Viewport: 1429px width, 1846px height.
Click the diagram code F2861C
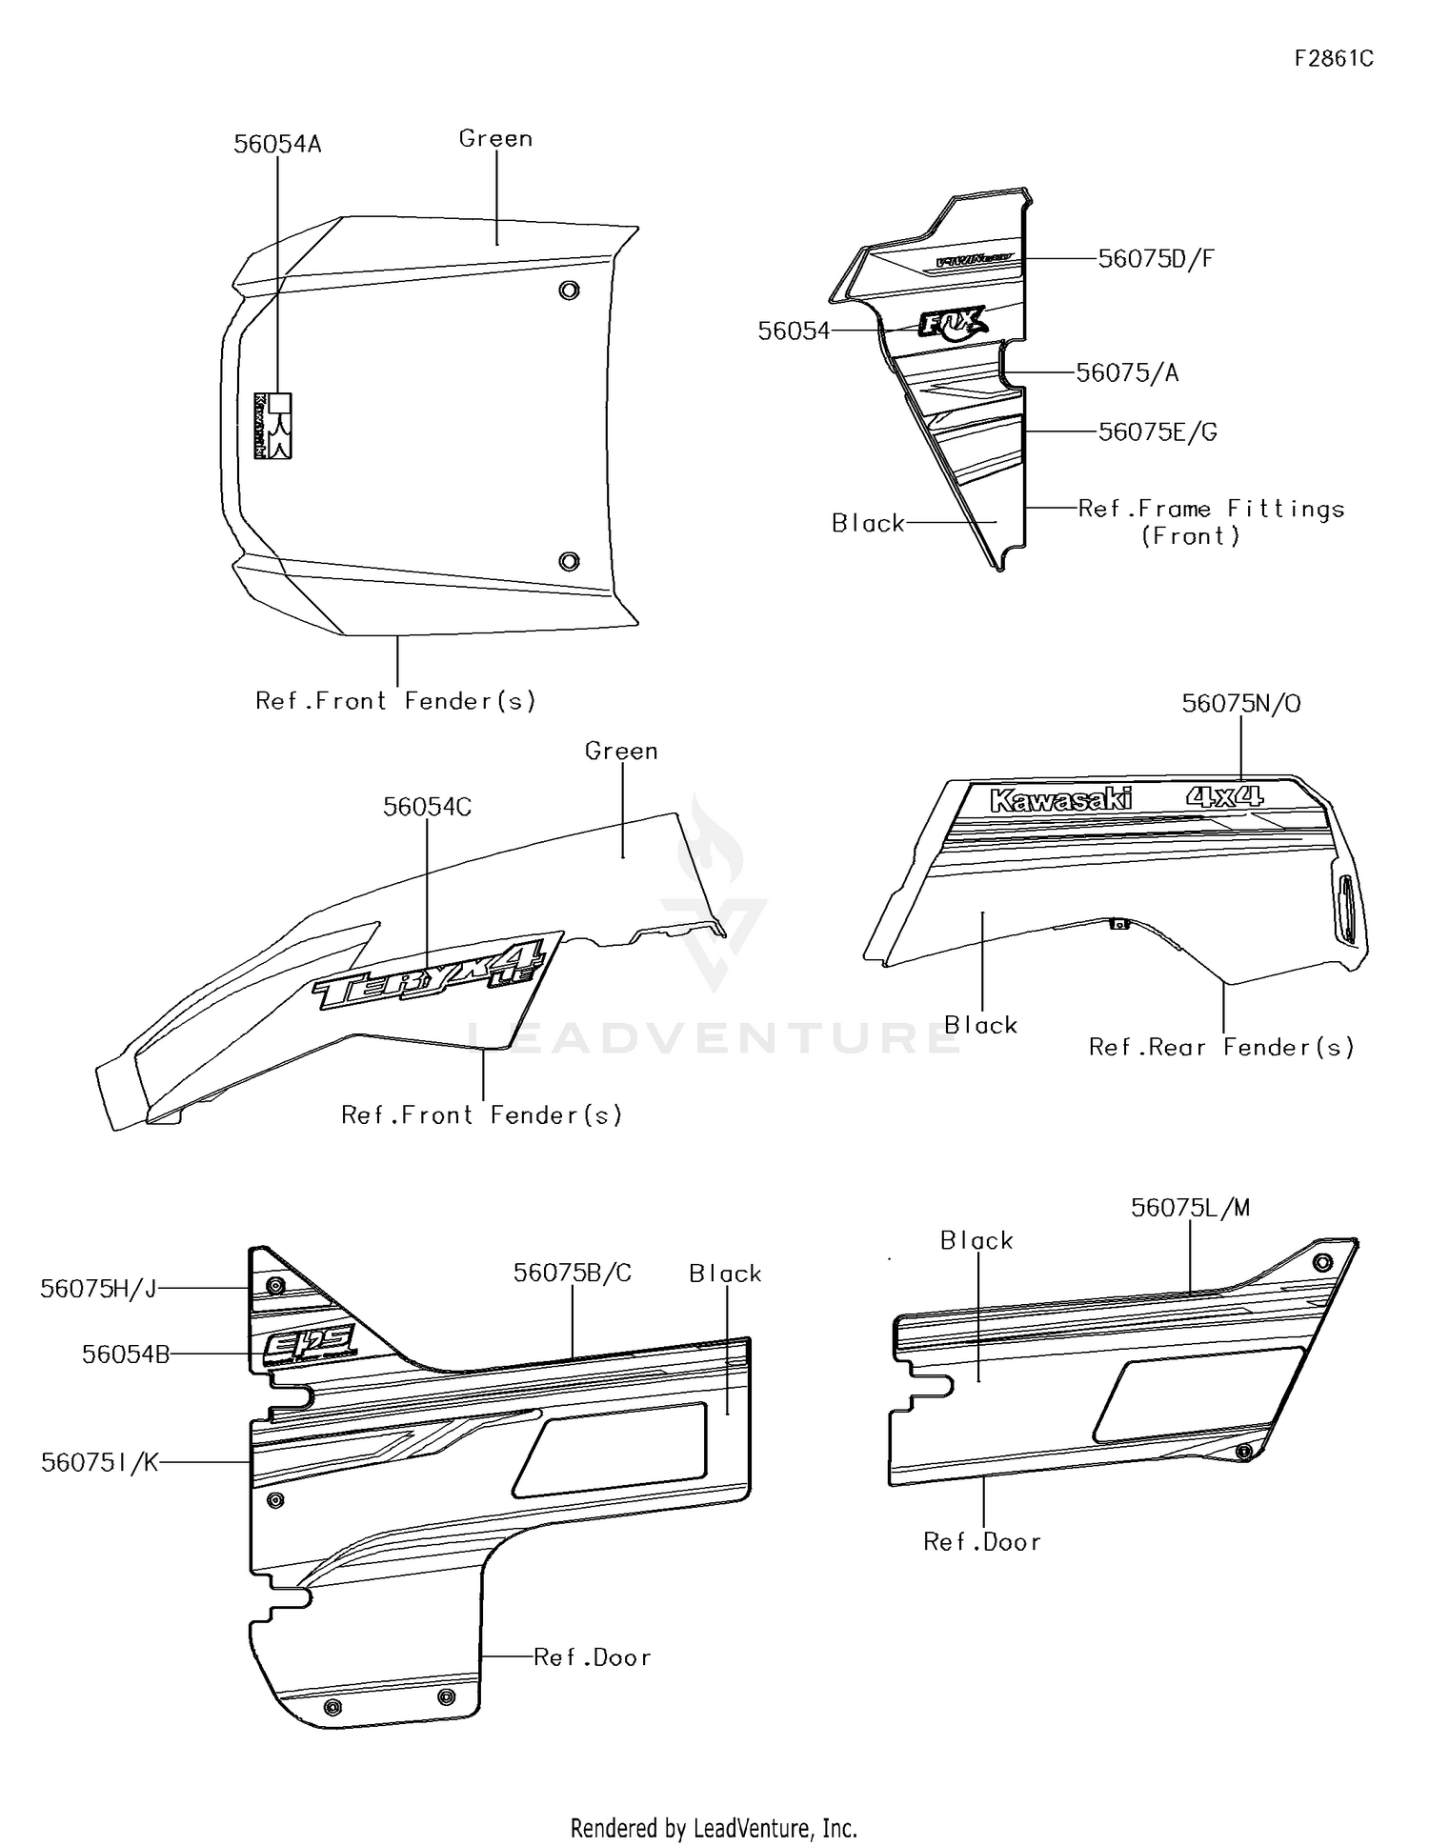point(1333,59)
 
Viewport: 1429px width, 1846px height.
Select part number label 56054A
point(277,144)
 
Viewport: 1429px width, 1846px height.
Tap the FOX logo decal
point(952,324)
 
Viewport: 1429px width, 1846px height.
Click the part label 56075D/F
point(1156,259)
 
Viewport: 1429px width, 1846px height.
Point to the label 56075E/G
point(1157,432)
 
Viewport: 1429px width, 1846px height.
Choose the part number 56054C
point(427,807)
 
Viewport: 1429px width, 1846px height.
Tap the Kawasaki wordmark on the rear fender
point(1060,799)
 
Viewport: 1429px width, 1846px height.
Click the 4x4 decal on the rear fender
point(1224,795)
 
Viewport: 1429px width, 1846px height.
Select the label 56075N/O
point(1240,704)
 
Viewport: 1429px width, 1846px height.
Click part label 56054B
point(126,1354)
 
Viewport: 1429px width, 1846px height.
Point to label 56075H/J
point(98,1289)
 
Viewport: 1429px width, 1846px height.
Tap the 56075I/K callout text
point(100,1463)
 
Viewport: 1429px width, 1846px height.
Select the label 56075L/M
point(1190,1208)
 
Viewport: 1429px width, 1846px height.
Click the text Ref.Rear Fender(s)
point(1221,1048)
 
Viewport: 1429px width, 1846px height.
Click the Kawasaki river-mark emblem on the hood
point(272,426)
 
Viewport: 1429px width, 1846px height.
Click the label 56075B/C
point(572,1274)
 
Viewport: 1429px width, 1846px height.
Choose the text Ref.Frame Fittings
point(1210,510)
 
